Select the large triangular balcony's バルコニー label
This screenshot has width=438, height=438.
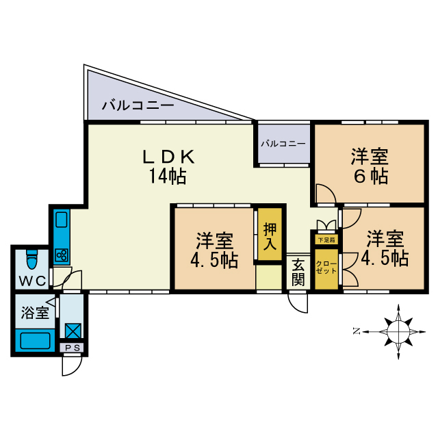pos(138,105)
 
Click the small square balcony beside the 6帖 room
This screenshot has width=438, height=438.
pos(283,144)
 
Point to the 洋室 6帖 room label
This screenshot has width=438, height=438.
pos(370,166)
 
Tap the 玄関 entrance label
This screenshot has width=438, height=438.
pos(298,272)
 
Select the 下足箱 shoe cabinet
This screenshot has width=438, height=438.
pos(326,240)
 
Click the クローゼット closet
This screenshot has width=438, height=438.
pos(326,266)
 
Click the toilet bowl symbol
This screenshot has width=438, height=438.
pos(31,260)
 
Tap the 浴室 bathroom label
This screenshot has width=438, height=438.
pos(34,313)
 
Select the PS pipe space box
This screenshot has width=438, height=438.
pos(73,348)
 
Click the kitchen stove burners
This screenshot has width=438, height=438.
pos(62,255)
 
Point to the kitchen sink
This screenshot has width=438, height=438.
pos(61,220)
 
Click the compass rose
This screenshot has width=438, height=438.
pos(397,331)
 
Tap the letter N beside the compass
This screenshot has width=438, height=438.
pos(357,331)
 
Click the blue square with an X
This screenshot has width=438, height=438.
pos(73,330)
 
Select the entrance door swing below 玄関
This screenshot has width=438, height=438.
pos(298,301)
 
